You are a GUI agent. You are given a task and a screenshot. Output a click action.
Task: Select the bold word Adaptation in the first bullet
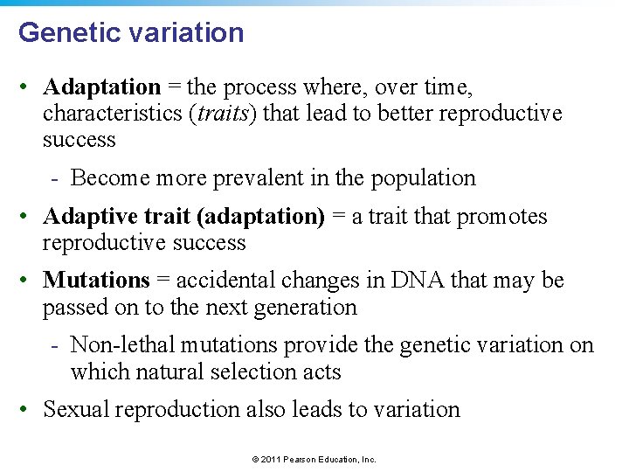click(x=102, y=87)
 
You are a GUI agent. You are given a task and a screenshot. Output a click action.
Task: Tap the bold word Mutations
click(x=96, y=281)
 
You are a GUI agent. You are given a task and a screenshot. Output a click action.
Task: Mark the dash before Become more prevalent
click(x=54, y=177)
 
